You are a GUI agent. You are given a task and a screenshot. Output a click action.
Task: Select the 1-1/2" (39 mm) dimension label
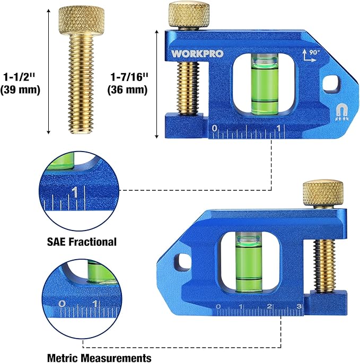click(21, 83)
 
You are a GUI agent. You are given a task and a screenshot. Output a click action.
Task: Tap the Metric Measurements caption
click(98, 358)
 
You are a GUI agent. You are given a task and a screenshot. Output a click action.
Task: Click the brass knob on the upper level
click(188, 15)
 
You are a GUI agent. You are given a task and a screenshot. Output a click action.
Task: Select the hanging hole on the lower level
click(183, 260)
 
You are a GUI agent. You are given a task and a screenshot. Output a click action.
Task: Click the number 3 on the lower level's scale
click(299, 307)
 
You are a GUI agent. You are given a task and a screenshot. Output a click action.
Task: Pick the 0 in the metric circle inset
click(63, 304)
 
